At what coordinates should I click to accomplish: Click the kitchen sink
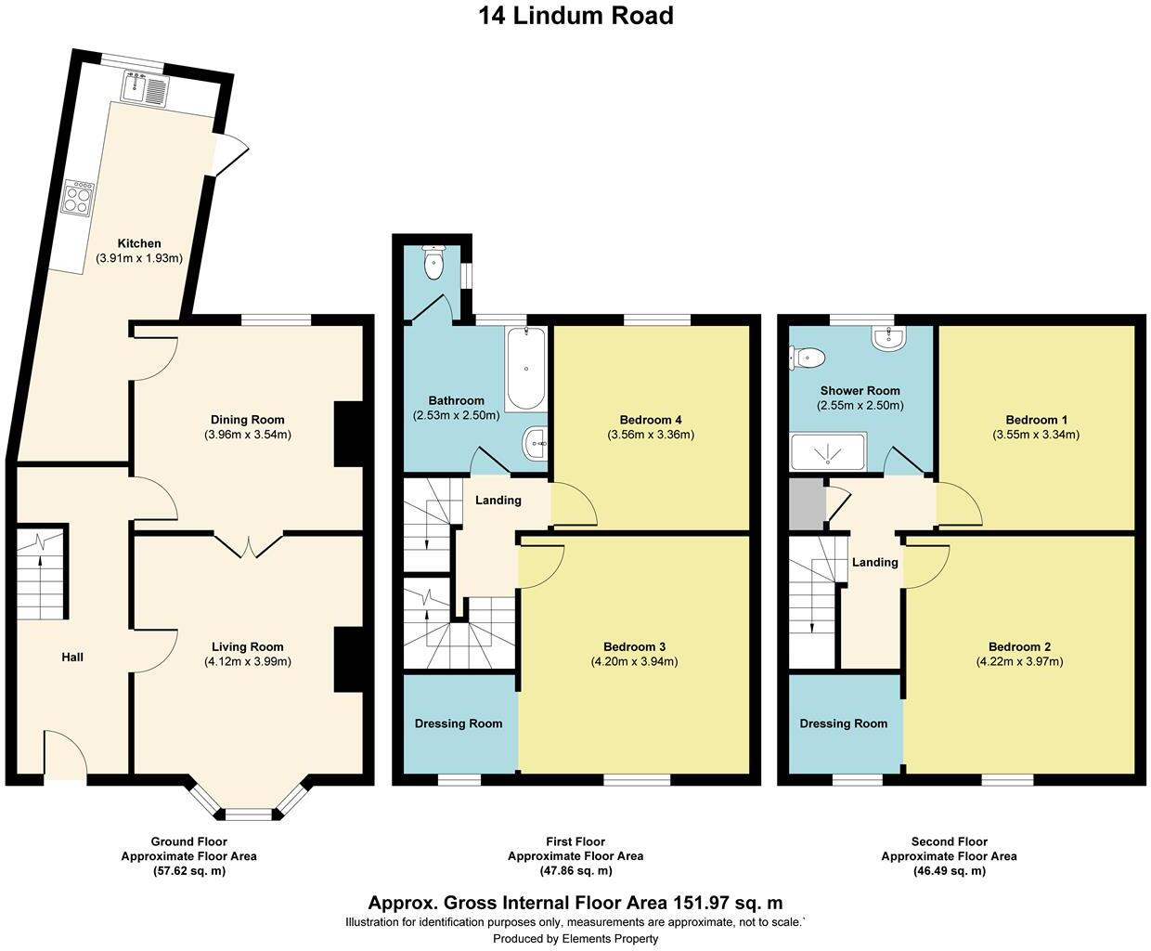(144, 89)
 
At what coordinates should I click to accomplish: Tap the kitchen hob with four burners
(78, 197)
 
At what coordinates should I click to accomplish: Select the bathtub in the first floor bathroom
(526, 369)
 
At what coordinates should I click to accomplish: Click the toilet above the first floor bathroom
(433, 265)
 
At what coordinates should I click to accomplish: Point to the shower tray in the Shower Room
(827, 452)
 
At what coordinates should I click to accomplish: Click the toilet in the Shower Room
(807, 356)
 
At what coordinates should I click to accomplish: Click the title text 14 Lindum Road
(575, 16)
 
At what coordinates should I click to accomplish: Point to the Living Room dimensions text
(247, 662)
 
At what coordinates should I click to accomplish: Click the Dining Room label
(247, 420)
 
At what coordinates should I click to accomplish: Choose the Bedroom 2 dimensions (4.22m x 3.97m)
(1019, 662)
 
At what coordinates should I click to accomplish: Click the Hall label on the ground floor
(72, 658)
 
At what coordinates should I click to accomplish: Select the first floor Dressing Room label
(459, 723)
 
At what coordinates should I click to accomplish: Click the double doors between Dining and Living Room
(249, 545)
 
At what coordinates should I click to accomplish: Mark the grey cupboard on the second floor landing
(806, 504)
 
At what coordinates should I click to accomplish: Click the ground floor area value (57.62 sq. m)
(188, 871)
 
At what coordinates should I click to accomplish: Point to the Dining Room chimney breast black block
(348, 433)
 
